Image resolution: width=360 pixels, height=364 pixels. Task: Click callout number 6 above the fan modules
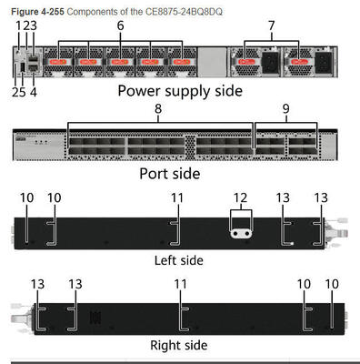click(120, 26)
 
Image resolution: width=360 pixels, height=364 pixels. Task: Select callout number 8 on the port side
click(158, 108)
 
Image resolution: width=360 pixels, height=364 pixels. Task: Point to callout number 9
click(289, 108)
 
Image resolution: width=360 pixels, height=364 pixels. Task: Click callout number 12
click(239, 197)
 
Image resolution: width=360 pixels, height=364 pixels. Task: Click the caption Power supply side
click(180, 91)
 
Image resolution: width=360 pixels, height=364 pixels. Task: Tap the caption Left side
click(179, 259)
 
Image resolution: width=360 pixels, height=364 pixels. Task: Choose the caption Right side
click(178, 345)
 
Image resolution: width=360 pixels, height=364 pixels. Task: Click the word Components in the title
click(88, 7)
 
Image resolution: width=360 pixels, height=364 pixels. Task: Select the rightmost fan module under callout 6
click(183, 63)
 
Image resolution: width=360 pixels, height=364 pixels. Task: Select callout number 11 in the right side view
click(181, 283)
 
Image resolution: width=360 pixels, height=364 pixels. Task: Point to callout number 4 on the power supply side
click(34, 91)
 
